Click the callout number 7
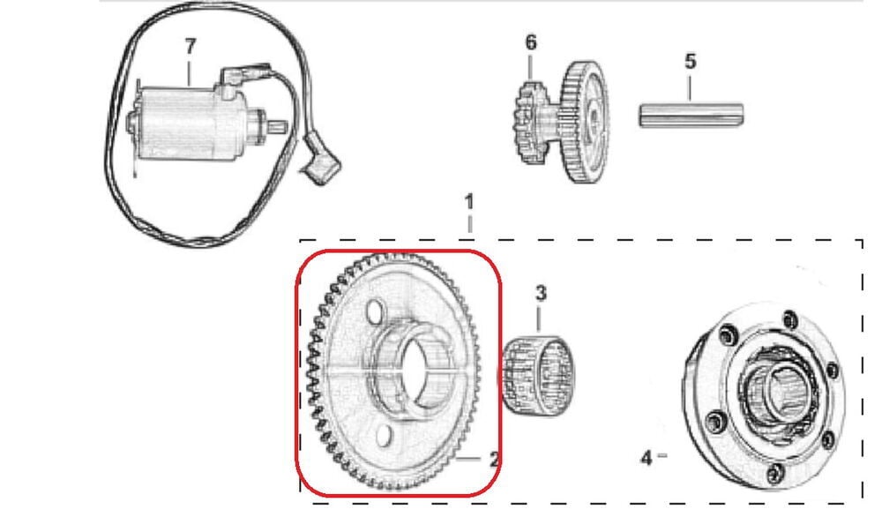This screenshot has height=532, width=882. pos(189,47)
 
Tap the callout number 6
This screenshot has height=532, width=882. pos(530,42)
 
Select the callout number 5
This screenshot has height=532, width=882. pos(690,61)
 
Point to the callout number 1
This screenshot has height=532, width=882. pos(469,202)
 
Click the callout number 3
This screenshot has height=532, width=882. pos(540,292)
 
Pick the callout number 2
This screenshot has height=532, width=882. pos(494,459)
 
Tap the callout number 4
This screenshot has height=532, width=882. pos(646,457)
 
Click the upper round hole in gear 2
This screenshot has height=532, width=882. pos(374,311)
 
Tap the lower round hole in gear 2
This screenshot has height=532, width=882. pos(384,436)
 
